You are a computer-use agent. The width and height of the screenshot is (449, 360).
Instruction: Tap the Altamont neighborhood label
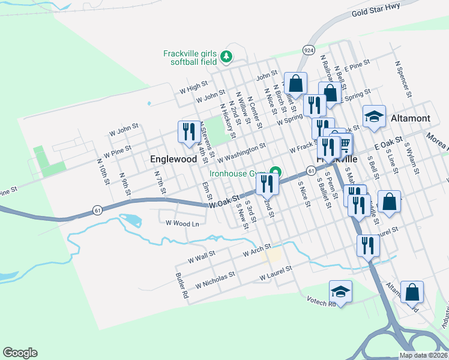tap(411, 118)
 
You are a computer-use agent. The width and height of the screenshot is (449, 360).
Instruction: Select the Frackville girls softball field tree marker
tap(226, 57)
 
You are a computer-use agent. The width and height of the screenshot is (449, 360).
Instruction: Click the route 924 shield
tap(309, 50)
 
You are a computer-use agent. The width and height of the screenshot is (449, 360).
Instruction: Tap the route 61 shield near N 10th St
tap(97, 210)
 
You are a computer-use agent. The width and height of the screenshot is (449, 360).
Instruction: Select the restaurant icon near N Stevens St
tap(188, 131)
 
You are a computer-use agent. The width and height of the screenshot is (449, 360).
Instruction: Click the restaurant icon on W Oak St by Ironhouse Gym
tap(268, 184)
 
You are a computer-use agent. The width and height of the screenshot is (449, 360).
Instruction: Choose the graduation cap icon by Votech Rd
tap(341, 291)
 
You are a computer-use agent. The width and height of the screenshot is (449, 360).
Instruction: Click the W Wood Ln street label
tap(182, 224)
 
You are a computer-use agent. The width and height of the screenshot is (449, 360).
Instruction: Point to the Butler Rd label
tap(182, 287)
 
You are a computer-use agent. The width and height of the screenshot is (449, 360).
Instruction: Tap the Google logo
tap(20, 353)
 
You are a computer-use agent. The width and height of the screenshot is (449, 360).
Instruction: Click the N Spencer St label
tap(402, 78)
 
